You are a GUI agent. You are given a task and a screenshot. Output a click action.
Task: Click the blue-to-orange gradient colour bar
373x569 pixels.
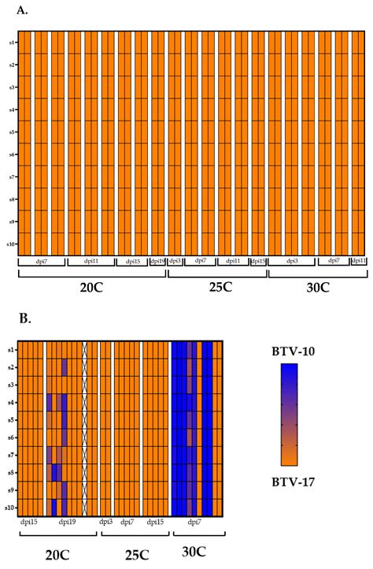(x=289, y=414)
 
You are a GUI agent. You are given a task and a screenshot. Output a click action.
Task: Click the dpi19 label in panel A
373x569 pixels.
(x=157, y=261)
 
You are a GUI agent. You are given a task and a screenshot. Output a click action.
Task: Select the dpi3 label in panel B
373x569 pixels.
(x=105, y=521)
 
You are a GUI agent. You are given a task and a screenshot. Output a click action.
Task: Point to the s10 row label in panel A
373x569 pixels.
(x=9, y=244)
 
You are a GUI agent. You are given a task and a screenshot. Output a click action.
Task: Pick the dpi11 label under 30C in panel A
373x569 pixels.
(x=358, y=261)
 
